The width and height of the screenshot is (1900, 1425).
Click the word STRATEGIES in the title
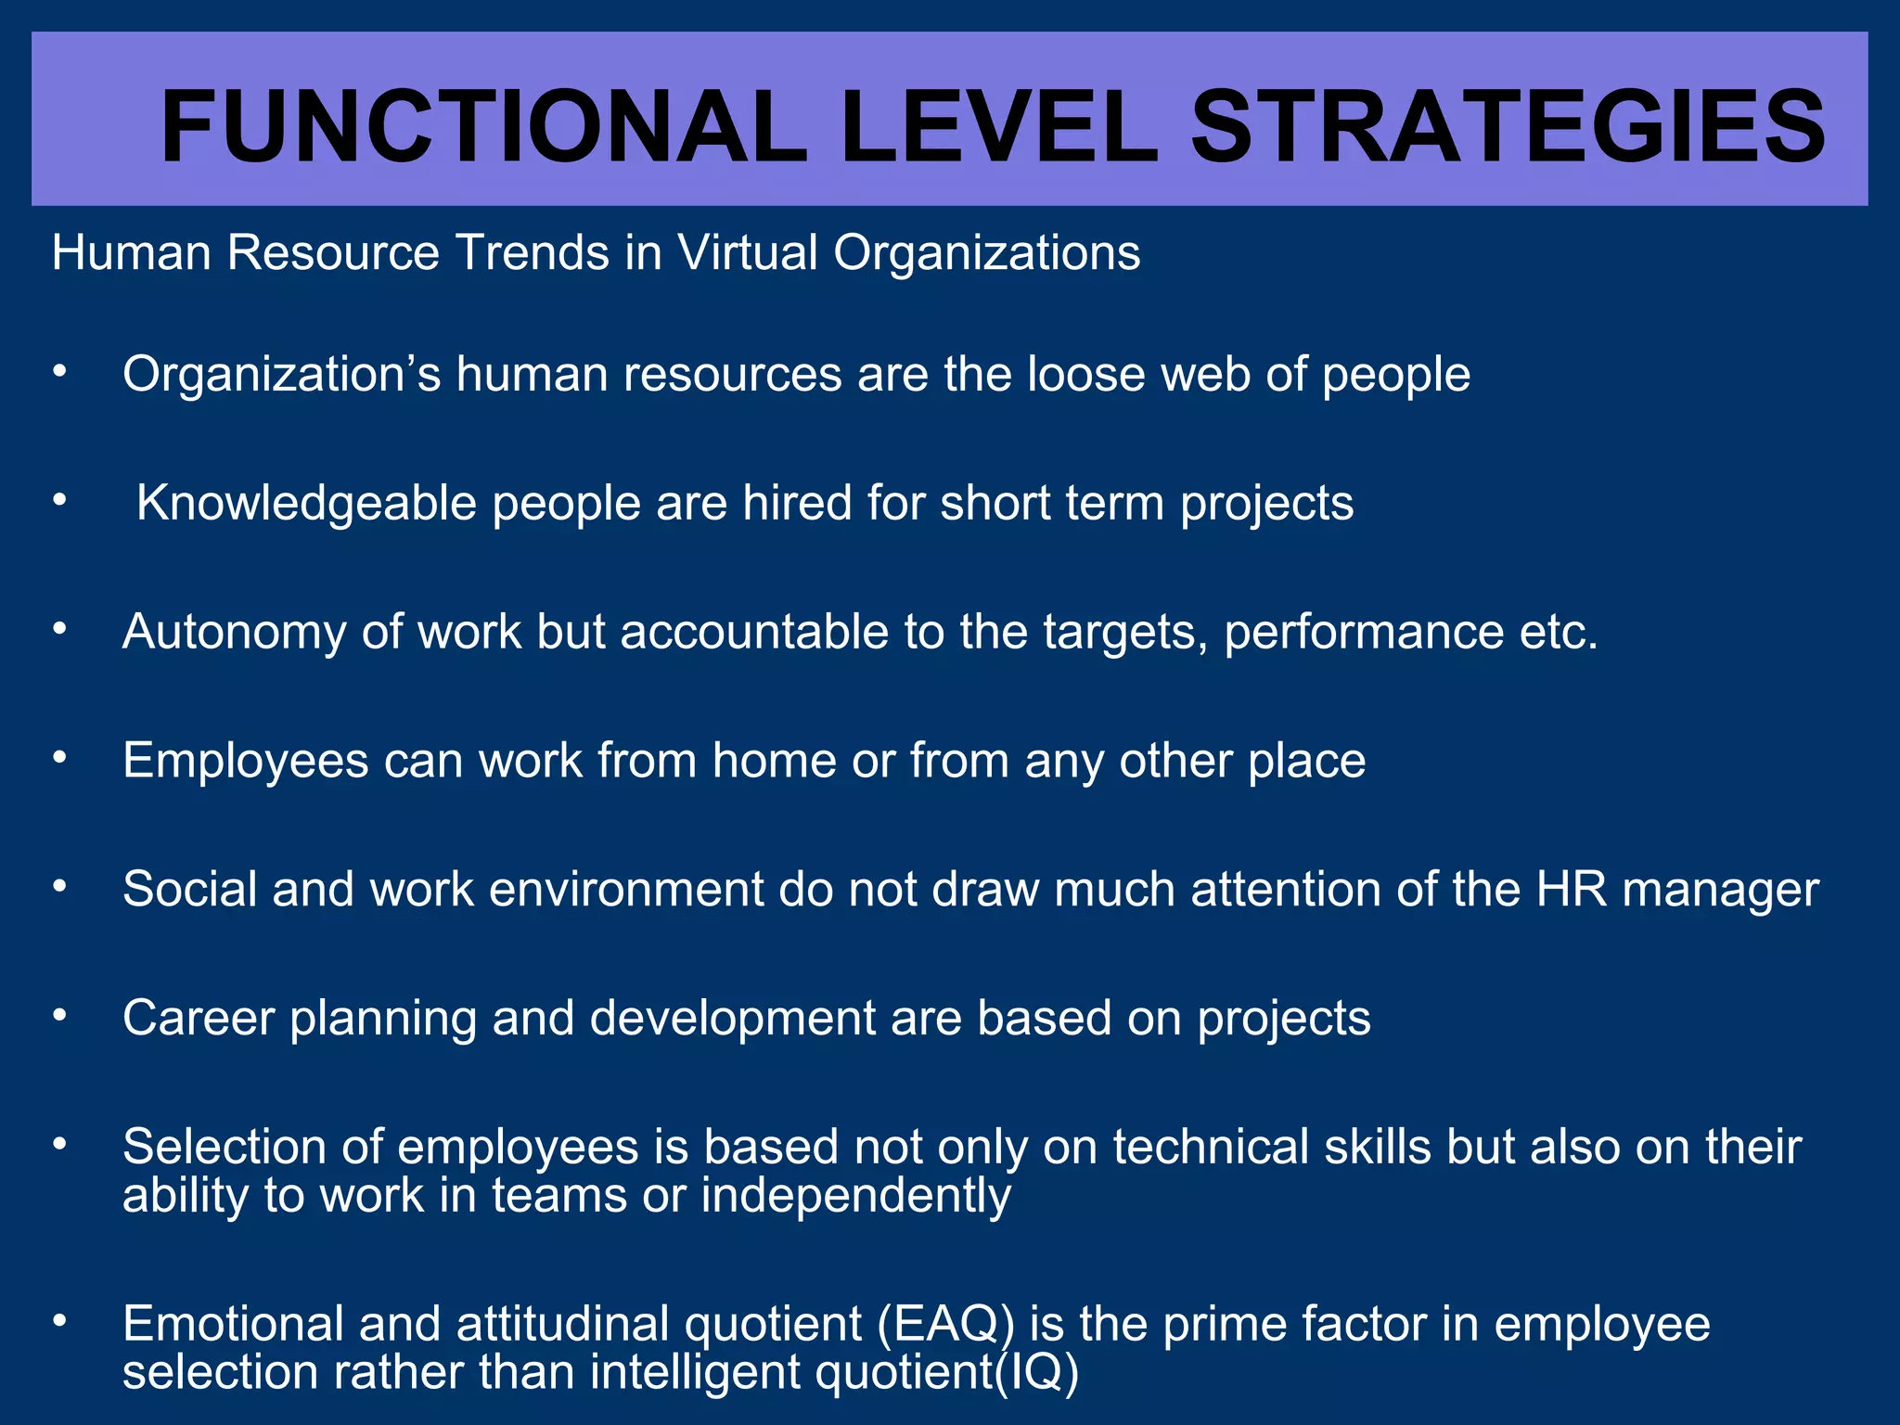(1508, 127)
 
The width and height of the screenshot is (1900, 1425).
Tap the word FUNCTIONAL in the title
(483, 127)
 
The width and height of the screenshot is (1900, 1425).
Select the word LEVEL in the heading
(998, 127)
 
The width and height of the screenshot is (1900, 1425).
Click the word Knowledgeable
(306, 504)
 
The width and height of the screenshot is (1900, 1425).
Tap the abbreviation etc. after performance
(1559, 633)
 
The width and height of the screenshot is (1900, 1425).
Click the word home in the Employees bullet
(774, 761)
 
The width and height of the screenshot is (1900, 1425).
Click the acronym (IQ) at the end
(1036, 1372)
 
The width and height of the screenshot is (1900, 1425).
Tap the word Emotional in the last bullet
(233, 1324)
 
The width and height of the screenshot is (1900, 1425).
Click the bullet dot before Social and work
(60, 887)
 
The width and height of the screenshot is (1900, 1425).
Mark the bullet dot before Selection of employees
(60, 1145)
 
